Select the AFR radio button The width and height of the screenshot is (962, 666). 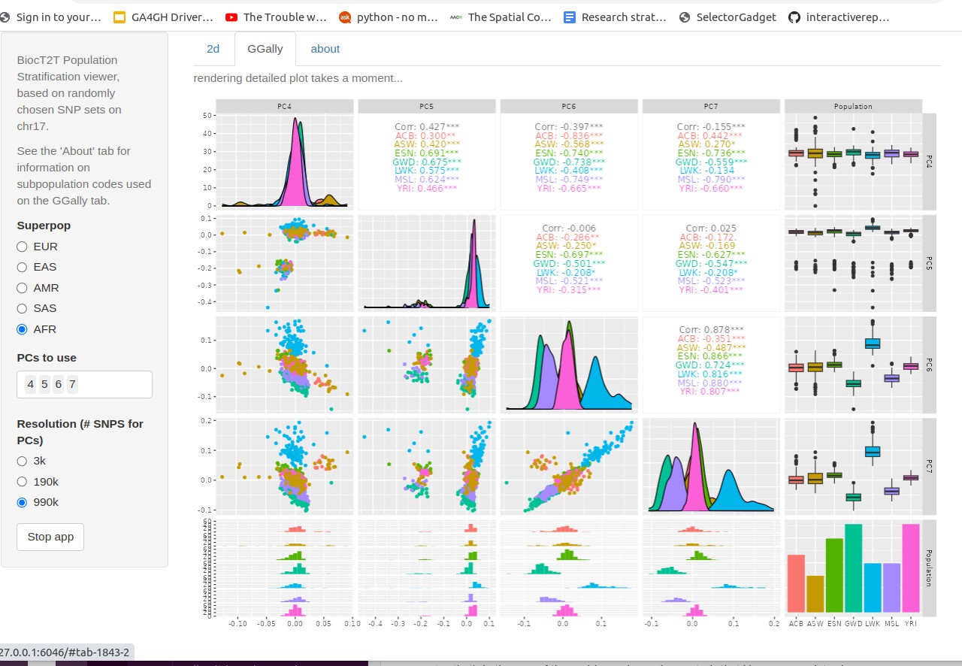coord(22,329)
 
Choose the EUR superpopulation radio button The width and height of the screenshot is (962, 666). coord(22,247)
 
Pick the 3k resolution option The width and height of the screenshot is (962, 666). coord(22,461)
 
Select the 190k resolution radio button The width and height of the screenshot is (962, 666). coord(22,482)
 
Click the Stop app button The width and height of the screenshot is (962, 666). coord(50,537)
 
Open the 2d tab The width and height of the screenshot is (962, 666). coord(213,49)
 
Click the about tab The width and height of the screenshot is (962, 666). coord(325,49)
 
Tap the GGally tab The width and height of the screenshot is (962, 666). coord(265,49)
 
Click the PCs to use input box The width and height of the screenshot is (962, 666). coord(84,384)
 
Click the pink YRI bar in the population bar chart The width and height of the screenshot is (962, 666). coord(911,568)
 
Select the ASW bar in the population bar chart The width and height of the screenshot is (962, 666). coord(815,594)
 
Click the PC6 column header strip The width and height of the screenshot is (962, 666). coord(569,106)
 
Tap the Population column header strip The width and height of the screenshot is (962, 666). coord(853,106)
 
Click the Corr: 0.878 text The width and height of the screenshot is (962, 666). coord(711,329)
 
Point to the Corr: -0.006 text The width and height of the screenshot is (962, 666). coord(569,228)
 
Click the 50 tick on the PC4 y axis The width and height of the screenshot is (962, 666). coord(207,115)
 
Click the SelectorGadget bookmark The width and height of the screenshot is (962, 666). coord(728,17)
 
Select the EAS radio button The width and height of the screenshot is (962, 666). coord(22,267)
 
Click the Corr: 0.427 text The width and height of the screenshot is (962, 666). coord(427,127)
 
